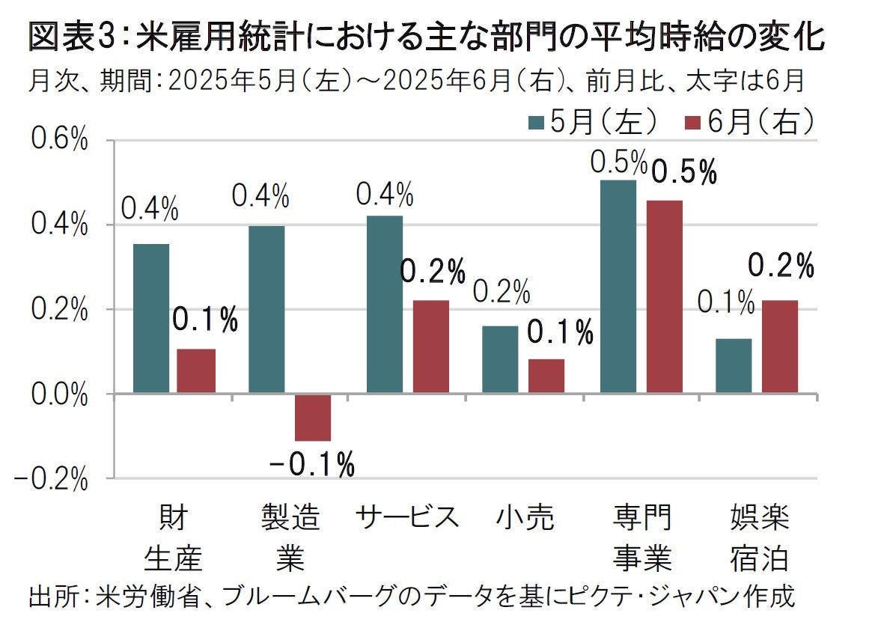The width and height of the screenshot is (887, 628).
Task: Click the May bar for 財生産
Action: [151, 318]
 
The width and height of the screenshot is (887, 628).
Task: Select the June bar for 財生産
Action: [196, 371]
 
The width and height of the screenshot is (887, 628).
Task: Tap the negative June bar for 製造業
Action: [312, 417]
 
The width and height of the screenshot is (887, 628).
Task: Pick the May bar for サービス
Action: [384, 304]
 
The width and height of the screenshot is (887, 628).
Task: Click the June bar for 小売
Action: [546, 376]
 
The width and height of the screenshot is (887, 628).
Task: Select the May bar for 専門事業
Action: [618, 287]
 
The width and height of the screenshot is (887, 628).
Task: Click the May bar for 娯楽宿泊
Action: [734, 366]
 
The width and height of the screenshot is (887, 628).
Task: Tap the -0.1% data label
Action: [312, 466]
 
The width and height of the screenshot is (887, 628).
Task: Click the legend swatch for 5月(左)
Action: [536, 121]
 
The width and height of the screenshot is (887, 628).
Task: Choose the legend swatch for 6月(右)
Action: [692, 121]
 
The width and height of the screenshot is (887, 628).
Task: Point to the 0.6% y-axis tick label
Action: [59, 140]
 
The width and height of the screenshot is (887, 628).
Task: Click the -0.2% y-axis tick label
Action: [52, 479]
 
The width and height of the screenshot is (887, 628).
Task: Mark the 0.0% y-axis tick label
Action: [59, 394]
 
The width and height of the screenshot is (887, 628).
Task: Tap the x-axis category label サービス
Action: [406, 517]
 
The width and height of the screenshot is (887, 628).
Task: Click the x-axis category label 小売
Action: [525, 517]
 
